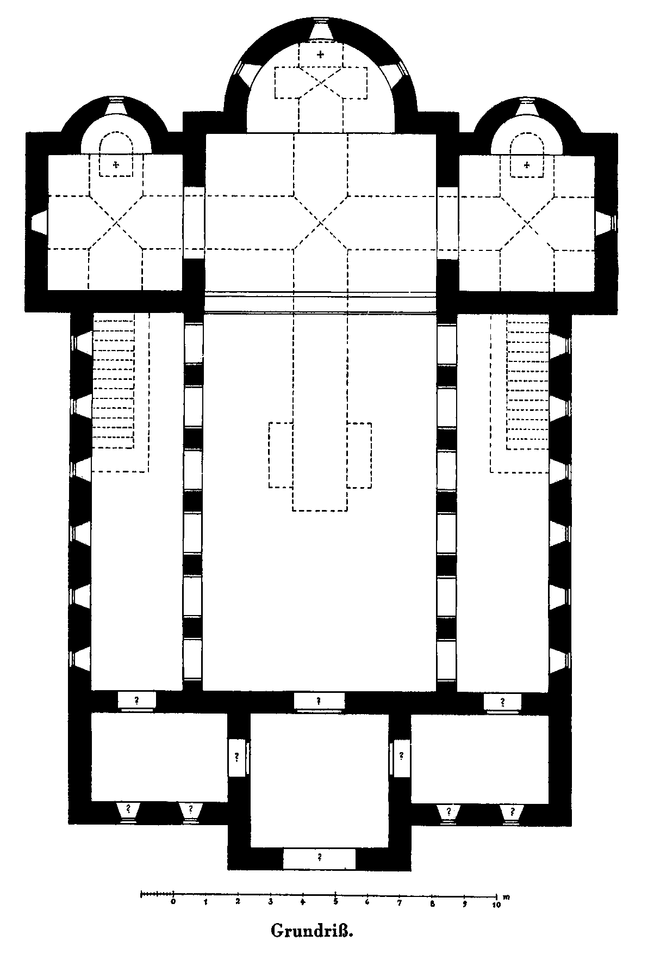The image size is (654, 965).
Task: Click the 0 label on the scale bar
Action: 173,901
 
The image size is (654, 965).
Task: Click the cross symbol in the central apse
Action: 321,54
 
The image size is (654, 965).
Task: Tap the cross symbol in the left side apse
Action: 116,164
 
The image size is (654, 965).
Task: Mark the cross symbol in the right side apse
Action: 526,164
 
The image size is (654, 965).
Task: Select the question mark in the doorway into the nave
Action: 319,700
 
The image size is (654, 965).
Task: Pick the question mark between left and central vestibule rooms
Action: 237,756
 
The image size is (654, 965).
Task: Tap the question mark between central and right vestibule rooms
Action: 401,755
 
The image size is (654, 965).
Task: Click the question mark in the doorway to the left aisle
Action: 136,700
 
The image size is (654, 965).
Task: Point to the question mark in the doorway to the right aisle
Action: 502,701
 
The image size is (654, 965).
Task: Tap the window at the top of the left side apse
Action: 115,106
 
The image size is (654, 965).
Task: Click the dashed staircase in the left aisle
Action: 114,384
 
